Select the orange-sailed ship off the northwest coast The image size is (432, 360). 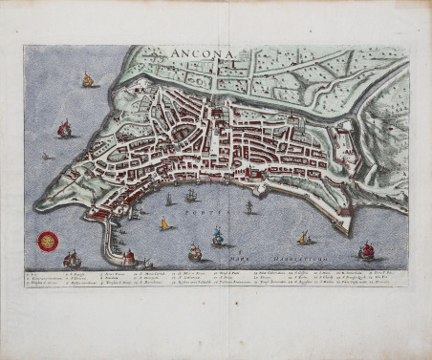click(88, 80)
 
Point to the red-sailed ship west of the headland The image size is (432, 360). click(65, 128)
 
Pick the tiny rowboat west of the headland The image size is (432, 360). click(47, 156)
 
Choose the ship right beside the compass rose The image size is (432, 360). click(72, 259)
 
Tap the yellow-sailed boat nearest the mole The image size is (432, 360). click(163, 223)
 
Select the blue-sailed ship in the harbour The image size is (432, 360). click(218, 236)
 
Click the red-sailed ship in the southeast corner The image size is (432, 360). click(366, 251)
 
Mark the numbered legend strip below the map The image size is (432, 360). click(216, 278)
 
